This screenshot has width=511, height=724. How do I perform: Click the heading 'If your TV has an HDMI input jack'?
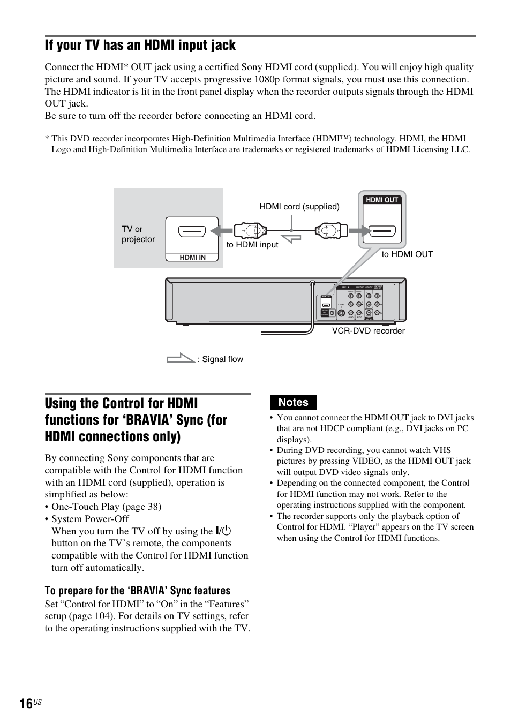[140, 46]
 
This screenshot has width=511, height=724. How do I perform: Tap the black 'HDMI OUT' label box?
[382, 200]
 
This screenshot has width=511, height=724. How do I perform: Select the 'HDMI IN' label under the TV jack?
[192, 258]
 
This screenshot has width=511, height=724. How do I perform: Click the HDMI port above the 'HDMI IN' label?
[192, 233]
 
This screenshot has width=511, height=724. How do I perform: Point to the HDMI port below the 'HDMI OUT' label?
[382, 232]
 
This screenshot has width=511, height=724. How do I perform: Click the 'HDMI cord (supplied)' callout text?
[299, 207]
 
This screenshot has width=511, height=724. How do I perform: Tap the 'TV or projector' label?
[138, 234]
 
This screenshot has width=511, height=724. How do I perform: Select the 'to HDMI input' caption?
[252, 245]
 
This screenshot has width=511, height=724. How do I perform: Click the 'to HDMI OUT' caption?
[407, 254]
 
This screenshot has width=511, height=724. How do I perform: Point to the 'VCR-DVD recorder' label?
[368, 331]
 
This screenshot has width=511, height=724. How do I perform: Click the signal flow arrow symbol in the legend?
[180, 358]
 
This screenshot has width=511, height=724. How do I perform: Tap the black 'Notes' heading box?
[294, 402]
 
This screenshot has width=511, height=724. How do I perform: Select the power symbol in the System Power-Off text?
[223, 531]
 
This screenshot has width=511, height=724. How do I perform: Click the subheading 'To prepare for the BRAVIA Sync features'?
[138, 591]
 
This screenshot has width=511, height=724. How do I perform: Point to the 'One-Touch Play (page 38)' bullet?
[106, 507]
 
